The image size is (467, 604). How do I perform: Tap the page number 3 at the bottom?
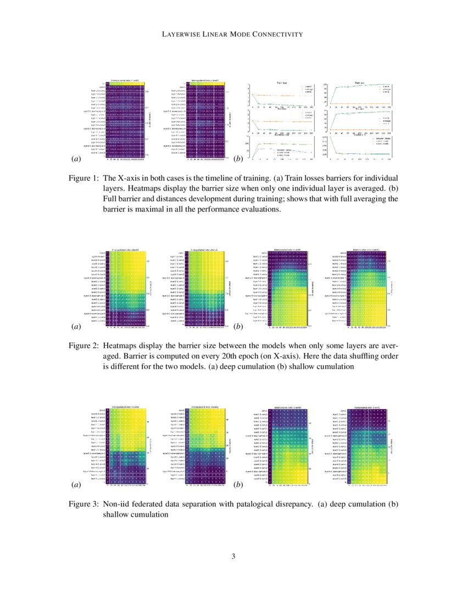233,557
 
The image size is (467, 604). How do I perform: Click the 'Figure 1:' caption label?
84,178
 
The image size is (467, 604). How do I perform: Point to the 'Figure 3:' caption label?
84,504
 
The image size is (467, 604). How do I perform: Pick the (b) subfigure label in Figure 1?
238,159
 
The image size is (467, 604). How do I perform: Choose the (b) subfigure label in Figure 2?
238,327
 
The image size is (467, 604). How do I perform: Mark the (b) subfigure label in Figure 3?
238,485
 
